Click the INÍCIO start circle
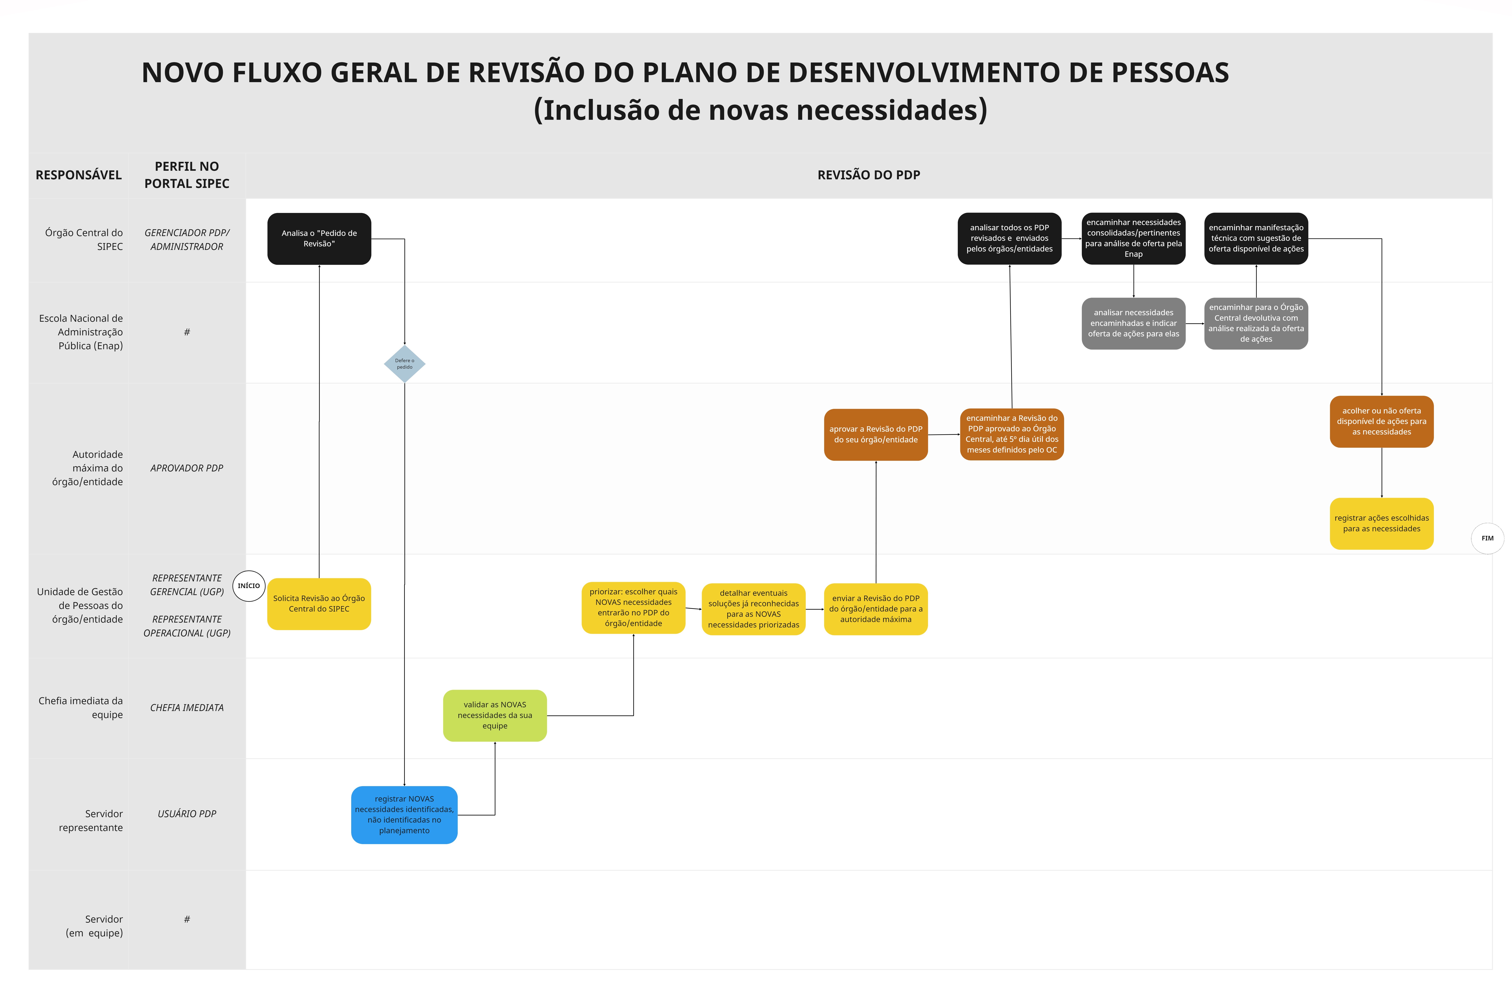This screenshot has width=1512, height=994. tap(248, 586)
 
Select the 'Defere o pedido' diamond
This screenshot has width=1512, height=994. tap(405, 364)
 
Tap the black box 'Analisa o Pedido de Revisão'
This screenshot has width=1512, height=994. tap(319, 239)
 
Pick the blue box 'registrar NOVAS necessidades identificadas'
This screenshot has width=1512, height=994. tap(404, 815)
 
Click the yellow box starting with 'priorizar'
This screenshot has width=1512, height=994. tap(633, 608)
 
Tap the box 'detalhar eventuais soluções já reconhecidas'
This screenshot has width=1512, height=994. tap(753, 609)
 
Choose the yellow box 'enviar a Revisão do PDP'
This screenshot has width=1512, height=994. tap(875, 609)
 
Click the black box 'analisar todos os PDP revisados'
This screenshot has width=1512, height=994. tap(1009, 239)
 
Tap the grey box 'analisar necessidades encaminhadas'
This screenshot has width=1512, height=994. tap(1133, 323)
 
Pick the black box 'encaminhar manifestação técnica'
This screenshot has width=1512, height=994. tap(1256, 239)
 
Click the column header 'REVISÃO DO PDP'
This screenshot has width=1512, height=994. tap(868, 175)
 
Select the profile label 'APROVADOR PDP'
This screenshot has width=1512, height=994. tap(187, 468)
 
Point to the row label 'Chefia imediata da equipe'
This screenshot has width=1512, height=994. tap(81, 707)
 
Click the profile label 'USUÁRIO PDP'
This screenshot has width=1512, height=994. tap(187, 814)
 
